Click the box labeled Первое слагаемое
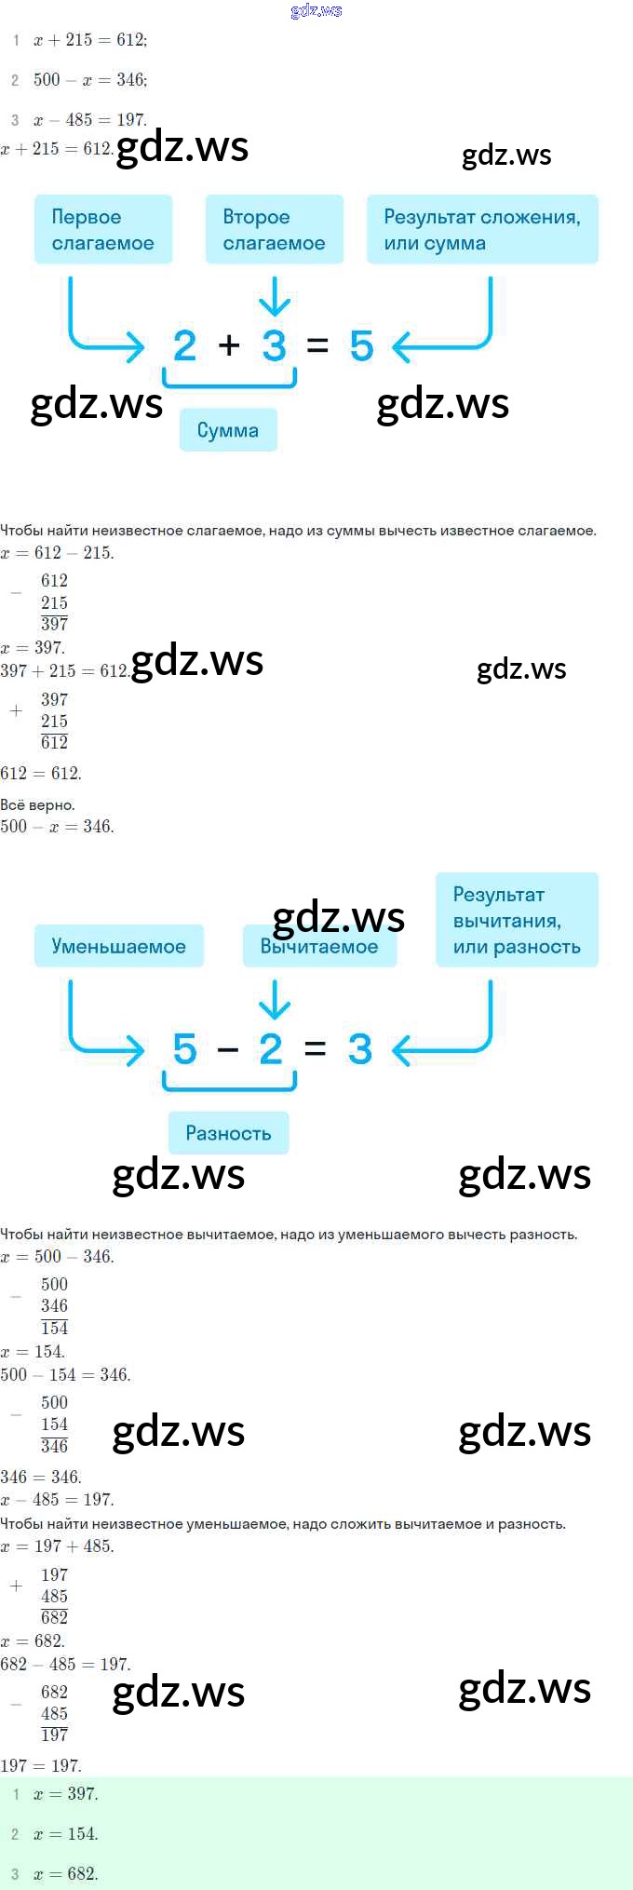pos(102,230)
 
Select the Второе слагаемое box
pos(274,230)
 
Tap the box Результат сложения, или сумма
pos(481,230)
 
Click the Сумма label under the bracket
pos(228,430)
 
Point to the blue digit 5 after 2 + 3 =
pos(361,346)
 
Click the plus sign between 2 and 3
pos(229,346)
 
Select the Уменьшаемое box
pos(118,946)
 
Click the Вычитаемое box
pos(319,947)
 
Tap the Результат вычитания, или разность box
pos(516,920)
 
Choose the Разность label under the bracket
pos(228,1133)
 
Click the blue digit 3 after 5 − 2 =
pos(360,1049)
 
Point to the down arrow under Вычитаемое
pos(274,1001)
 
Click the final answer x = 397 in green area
pos(65,1793)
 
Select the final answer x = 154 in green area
pos(65,1833)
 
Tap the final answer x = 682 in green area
pos(65,1873)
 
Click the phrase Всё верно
pos(37,804)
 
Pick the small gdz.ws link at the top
pos(316,10)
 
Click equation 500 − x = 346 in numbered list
pos(90,80)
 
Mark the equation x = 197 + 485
pos(58,1546)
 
